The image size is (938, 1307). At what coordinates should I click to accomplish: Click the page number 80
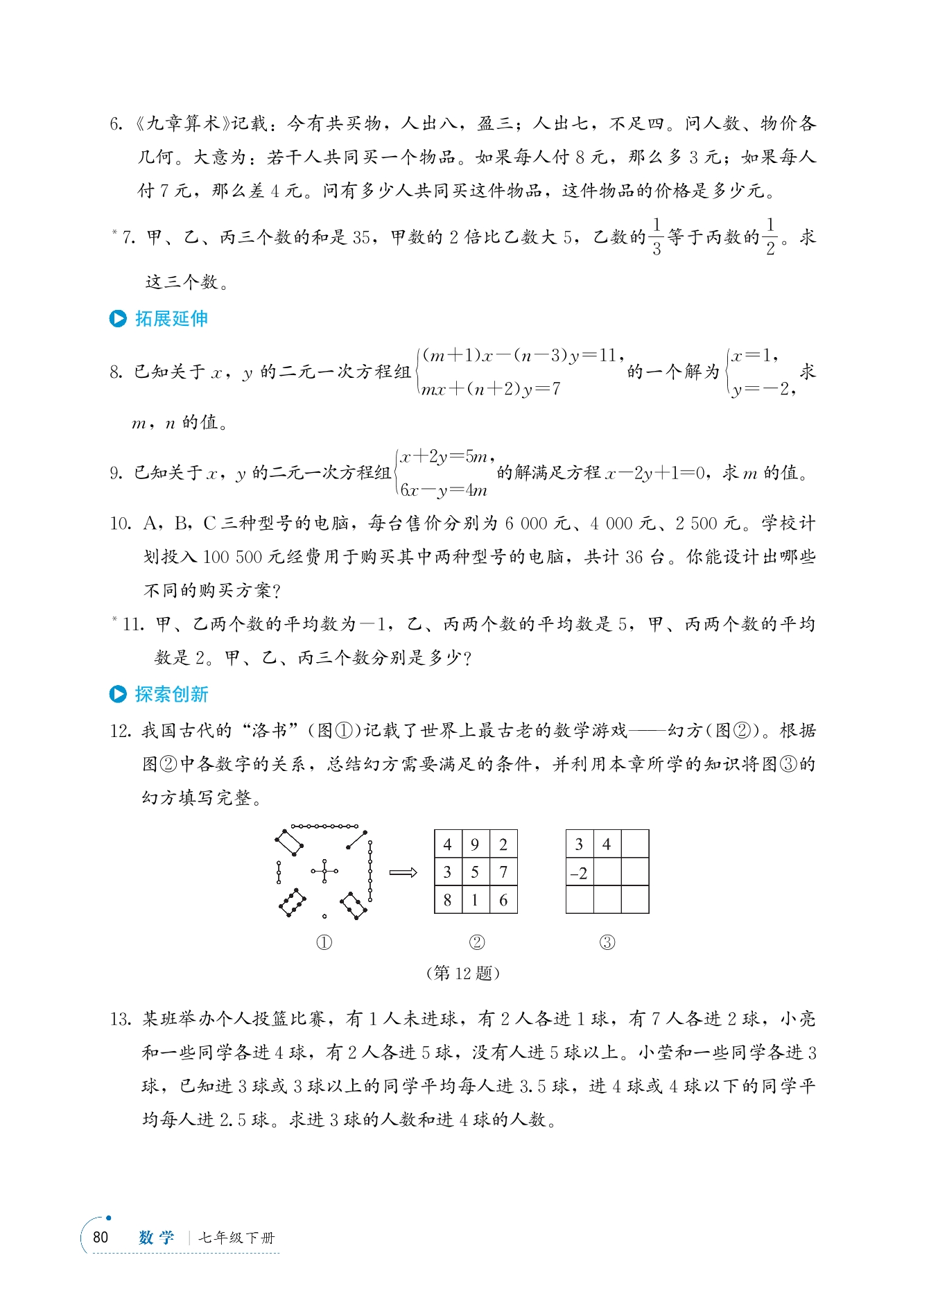[101, 1237]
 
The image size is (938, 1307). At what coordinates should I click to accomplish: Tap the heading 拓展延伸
[171, 318]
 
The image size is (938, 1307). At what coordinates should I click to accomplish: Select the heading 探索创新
[171, 694]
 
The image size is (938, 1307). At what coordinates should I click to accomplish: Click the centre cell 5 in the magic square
[475, 872]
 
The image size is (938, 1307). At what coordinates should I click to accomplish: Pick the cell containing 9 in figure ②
[475, 844]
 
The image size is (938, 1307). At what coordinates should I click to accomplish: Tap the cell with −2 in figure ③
[579, 873]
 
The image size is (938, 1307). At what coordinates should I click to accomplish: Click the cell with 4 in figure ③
[607, 844]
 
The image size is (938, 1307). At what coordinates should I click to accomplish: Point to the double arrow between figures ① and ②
[403, 872]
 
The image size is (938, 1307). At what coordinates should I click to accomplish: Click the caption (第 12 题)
[462, 973]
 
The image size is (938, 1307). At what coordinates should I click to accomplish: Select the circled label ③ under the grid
[607, 942]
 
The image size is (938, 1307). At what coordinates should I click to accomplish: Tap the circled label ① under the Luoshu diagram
[324, 942]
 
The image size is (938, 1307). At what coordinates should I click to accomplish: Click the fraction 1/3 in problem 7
[656, 236]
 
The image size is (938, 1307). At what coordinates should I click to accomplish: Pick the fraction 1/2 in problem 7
[770, 236]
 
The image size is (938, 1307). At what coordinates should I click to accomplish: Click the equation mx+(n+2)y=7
[491, 389]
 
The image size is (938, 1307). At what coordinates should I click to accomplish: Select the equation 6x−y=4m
[444, 490]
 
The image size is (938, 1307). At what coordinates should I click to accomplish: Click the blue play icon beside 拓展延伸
[118, 318]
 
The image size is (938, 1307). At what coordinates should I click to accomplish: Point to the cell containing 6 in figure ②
[503, 900]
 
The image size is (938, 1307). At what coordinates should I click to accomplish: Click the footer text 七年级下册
[236, 1238]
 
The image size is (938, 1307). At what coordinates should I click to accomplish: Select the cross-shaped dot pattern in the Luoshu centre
[324, 871]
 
